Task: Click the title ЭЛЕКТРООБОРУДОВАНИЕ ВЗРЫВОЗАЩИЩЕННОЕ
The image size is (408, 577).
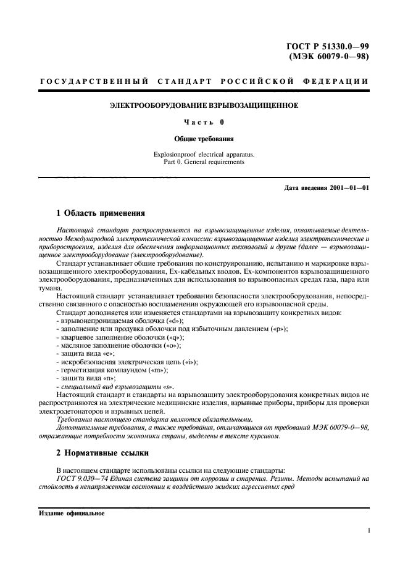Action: (x=204, y=106)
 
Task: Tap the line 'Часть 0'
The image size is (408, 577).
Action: (x=204, y=123)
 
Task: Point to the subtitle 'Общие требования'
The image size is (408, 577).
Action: (x=204, y=139)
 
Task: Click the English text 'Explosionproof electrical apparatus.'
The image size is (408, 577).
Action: (x=204, y=154)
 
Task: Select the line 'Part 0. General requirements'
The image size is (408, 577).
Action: (x=204, y=162)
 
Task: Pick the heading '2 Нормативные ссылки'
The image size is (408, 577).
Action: (x=102, y=452)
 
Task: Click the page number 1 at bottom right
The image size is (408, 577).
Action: (x=367, y=531)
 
